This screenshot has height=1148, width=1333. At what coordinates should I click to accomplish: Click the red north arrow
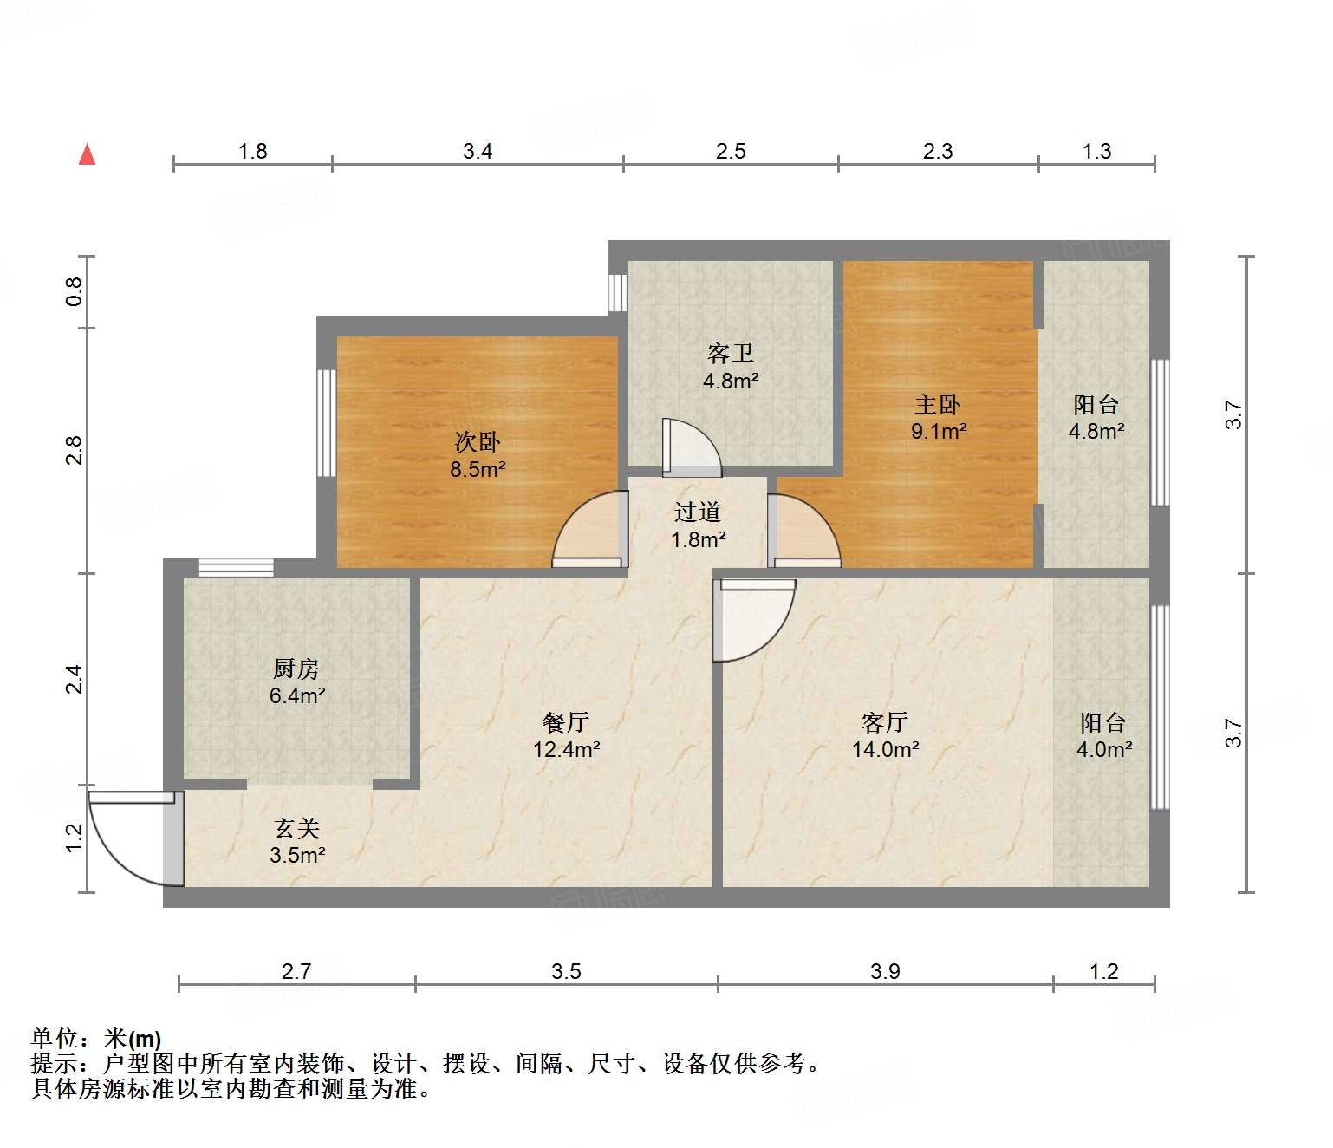coord(87,154)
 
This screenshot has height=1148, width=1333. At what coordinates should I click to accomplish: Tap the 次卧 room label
coord(478,442)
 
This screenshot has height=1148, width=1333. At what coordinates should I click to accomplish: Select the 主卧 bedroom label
coord(938,404)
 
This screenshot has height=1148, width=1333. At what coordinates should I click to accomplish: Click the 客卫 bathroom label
coord(731,353)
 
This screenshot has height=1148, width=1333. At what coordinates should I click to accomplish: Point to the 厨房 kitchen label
coord(296,669)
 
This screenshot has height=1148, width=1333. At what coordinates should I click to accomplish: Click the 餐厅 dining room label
coord(566,721)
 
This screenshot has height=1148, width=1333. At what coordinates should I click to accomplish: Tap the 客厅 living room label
coord(885,721)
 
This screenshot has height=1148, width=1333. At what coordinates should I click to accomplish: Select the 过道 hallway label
coord(698,512)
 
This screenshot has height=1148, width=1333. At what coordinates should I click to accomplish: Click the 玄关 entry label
coord(297,828)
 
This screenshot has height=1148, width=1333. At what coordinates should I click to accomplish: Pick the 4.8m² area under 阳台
coord(1096,431)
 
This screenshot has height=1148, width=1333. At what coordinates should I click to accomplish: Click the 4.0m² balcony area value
coord(1103,750)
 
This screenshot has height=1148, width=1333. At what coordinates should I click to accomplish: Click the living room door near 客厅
coord(752,619)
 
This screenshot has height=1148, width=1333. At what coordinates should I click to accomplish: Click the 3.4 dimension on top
coord(478,152)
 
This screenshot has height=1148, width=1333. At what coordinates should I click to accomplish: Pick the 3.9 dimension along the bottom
coord(885,971)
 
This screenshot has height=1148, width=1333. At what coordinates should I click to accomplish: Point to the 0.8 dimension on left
coord(75,291)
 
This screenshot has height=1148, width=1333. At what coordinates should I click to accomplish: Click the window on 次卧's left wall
coord(327,423)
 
